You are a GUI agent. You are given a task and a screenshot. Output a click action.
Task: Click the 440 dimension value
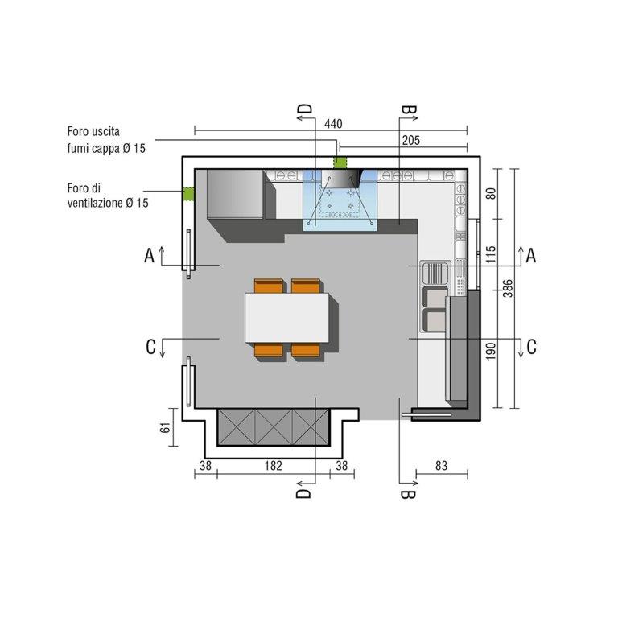(x=333, y=124)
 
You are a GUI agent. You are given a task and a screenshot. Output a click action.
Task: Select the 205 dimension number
(x=411, y=140)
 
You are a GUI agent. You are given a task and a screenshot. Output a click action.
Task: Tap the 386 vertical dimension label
(x=508, y=288)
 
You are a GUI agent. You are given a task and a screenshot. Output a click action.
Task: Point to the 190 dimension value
(x=490, y=351)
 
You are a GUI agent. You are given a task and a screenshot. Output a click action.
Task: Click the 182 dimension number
(x=273, y=466)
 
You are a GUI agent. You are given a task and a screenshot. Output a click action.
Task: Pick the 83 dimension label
(x=442, y=466)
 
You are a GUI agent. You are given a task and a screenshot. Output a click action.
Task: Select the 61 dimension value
(x=165, y=427)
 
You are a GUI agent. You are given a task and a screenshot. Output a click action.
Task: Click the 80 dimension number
(x=490, y=193)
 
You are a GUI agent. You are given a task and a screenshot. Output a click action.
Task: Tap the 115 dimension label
(x=490, y=254)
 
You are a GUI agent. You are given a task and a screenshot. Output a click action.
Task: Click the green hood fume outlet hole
(x=340, y=163)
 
